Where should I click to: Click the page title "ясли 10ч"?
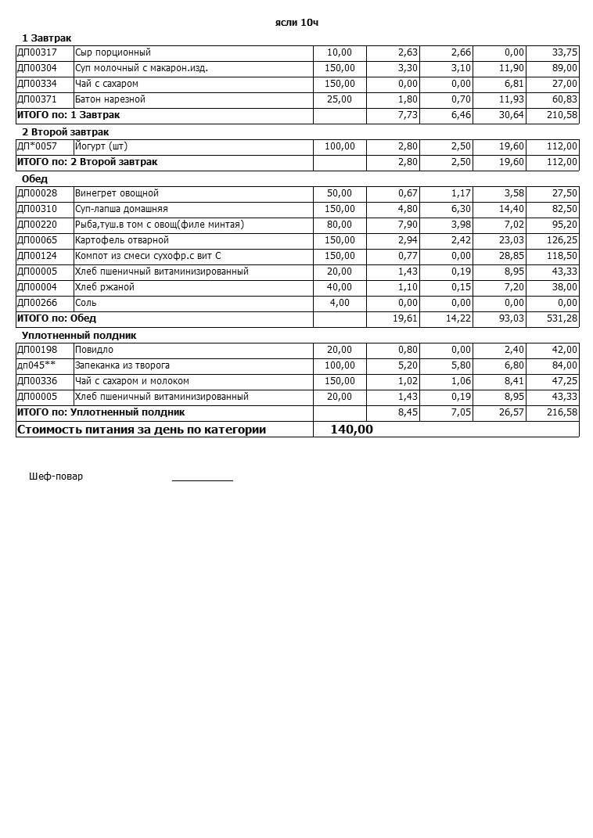[296, 23]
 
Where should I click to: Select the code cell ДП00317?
[37, 52]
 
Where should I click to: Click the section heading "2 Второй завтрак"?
[65, 132]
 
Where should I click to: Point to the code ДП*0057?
[37, 146]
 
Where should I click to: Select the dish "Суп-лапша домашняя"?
[121, 209]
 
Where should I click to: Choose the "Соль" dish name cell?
[86, 303]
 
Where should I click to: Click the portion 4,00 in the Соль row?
[340, 303]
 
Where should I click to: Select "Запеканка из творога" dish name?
[122, 365]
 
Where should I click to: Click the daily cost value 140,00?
[351, 430]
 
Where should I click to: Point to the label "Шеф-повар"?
[56, 477]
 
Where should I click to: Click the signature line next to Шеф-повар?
[202, 479]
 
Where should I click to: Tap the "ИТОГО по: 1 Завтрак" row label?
[68, 115]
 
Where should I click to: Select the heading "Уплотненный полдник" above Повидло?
[79, 336]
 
